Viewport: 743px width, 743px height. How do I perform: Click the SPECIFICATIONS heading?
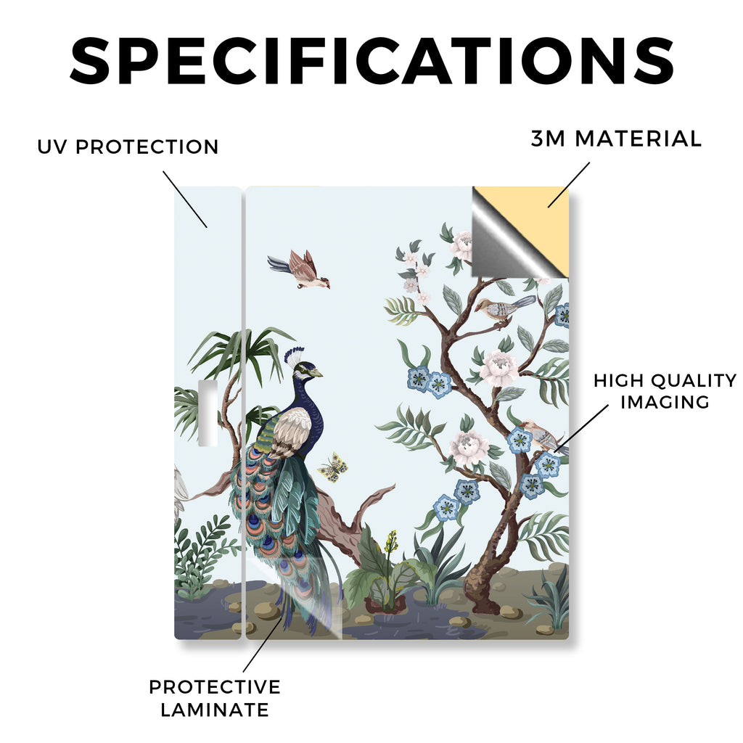click(372, 61)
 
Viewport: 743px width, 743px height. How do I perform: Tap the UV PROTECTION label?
click(128, 147)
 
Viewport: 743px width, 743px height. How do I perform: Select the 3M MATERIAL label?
click(616, 139)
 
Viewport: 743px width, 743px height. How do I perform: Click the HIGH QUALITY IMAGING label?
click(665, 391)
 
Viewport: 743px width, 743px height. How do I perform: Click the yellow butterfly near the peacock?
click(333, 467)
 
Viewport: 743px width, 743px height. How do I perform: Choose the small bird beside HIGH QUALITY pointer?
click(544, 436)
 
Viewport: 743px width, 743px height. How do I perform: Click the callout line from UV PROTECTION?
click(185, 200)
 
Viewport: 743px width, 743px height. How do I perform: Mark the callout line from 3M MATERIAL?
click(569, 185)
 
